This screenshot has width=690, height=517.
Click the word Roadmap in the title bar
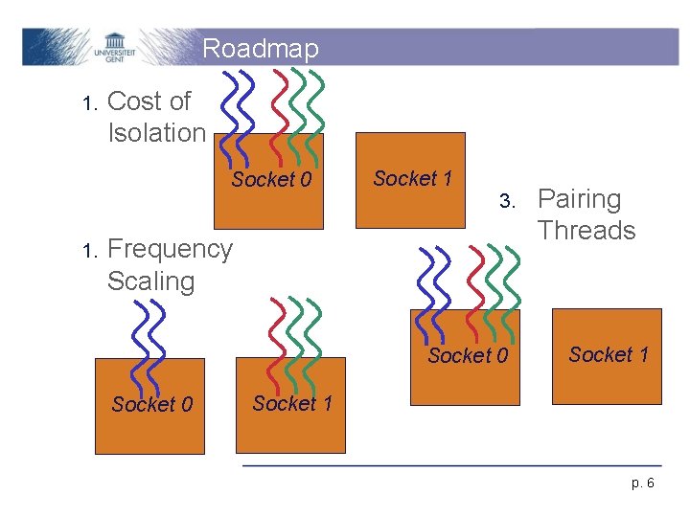click(x=261, y=48)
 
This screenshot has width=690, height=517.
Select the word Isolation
click(x=157, y=132)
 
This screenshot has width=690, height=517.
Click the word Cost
click(x=138, y=101)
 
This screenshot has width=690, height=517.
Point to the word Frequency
click(x=170, y=249)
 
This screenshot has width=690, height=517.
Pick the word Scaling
click(x=151, y=281)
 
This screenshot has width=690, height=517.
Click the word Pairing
click(x=580, y=199)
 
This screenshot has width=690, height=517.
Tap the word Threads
click(x=586, y=231)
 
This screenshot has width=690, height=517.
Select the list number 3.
click(x=508, y=202)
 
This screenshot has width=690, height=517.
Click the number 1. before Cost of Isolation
click(x=90, y=102)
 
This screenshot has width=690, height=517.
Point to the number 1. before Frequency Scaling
click(x=90, y=251)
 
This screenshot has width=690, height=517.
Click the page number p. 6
click(x=643, y=483)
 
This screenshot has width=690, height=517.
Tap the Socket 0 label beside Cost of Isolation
click(x=271, y=180)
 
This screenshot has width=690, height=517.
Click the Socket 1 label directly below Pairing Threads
click(x=609, y=355)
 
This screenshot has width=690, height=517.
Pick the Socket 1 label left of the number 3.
click(x=412, y=179)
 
